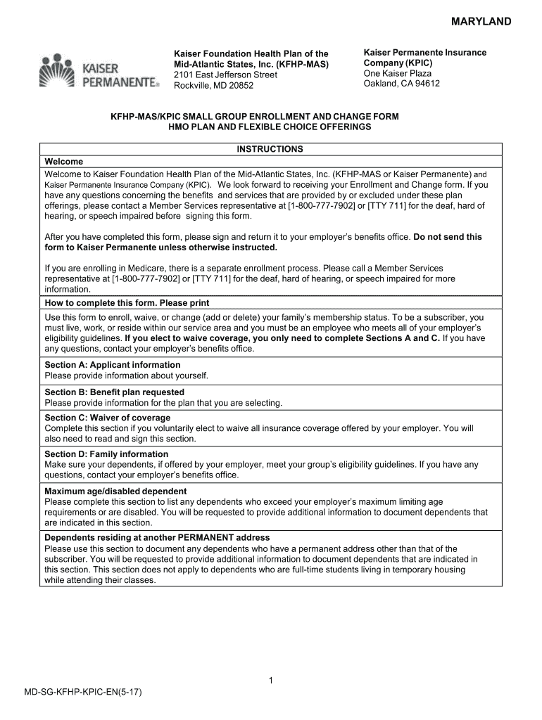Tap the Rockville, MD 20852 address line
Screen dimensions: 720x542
(x=213, y=86)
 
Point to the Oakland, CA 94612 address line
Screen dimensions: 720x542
(x=401, y=84)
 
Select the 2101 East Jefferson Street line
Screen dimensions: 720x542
(x=225, y=75)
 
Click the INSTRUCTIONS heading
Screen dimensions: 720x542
(x=270, y=149)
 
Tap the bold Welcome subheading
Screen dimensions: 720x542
(x=63, y=161)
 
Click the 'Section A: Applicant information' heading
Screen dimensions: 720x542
(x=113, y=365)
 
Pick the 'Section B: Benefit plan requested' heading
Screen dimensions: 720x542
(x=114, y=392)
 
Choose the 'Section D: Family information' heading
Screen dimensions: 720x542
(x=106, y=454)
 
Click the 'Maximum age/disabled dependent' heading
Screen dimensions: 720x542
(x=115, y=491)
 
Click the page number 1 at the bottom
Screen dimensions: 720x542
(x=270, y=681)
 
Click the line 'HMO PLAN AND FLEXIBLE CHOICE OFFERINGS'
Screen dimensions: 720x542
(x=270, y=127)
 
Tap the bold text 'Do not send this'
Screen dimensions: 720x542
(x=448, y=237)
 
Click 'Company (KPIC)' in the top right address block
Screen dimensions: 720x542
(x=398, y=63)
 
